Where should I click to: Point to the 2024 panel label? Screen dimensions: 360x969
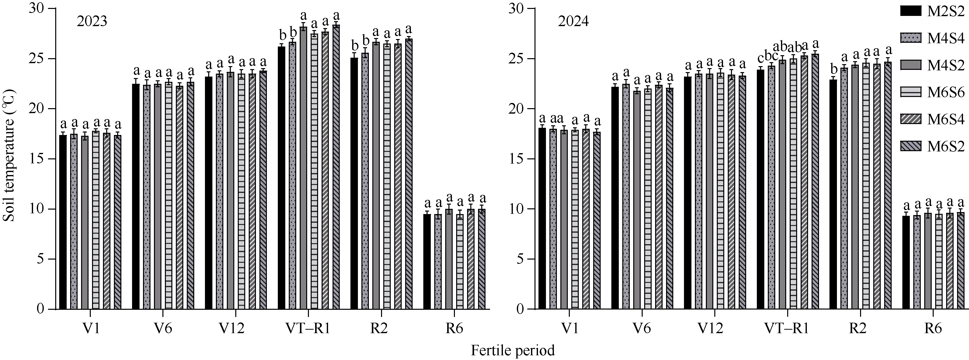(x=573, y=22)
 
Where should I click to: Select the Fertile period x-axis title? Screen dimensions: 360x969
(x=513, y=350)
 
